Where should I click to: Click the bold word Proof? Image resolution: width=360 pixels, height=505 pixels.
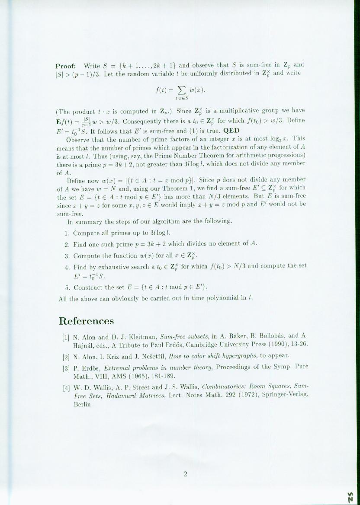66,66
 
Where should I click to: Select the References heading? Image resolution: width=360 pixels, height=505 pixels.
86,321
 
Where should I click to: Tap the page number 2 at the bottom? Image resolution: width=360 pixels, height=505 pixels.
185,474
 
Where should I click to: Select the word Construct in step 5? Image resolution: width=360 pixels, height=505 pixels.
89,287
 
